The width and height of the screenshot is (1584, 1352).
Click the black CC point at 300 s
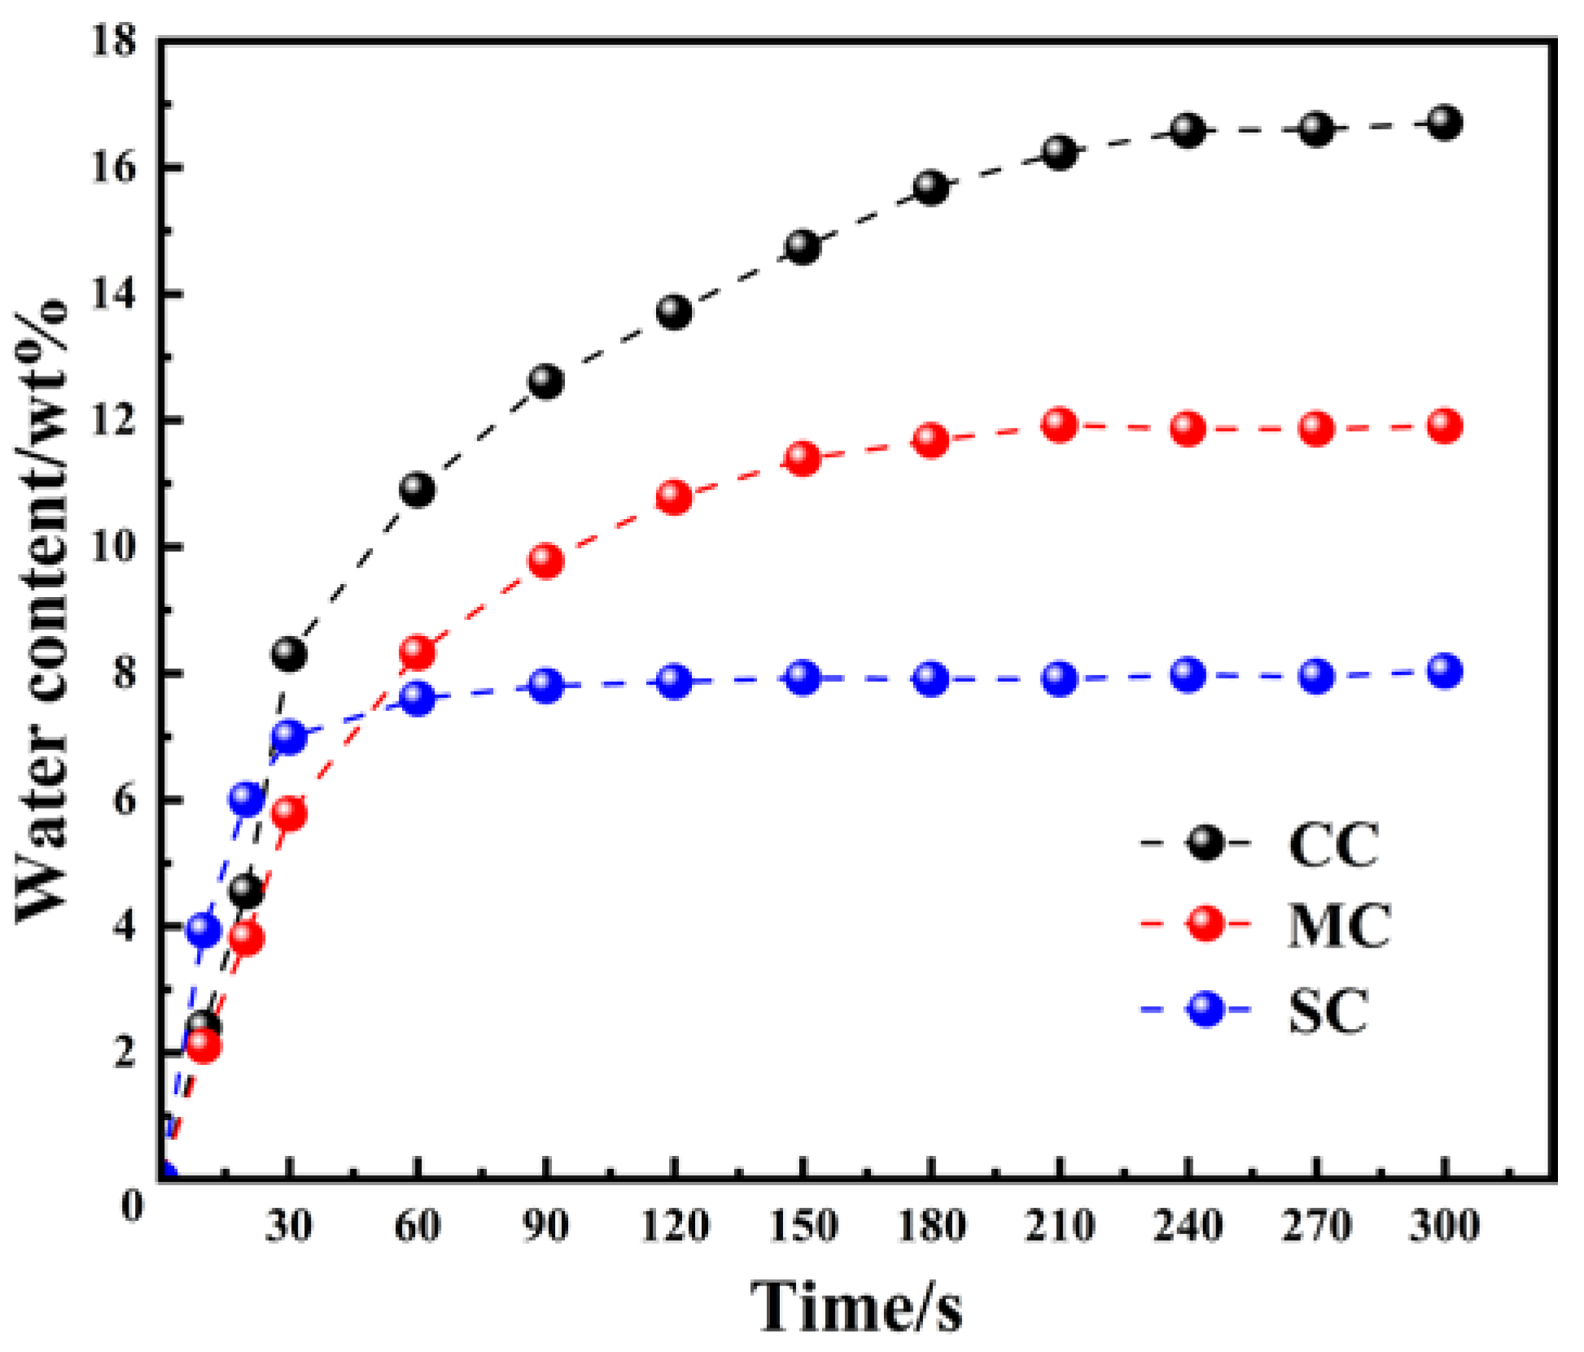point(1444,123)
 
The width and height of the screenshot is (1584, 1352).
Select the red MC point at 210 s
point(1059,425)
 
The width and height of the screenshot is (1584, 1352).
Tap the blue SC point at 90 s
point(546,686)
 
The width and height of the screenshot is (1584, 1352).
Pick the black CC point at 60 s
point(418,490)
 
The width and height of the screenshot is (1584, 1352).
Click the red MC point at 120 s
point(674,497)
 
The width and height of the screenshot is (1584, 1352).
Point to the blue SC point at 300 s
point(1444,671)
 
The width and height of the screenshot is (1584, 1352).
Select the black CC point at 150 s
point(803,246)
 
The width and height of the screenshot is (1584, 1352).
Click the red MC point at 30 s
point(289,813)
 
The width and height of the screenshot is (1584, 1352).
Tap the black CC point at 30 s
point(289,653)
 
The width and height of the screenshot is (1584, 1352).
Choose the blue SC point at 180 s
point(931,678)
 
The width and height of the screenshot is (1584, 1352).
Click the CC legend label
point(1333,844)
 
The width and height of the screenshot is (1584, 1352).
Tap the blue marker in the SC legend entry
point(1206,1010)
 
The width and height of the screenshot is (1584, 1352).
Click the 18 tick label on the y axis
point(113,41)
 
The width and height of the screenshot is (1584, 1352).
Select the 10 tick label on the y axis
point(113,547)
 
